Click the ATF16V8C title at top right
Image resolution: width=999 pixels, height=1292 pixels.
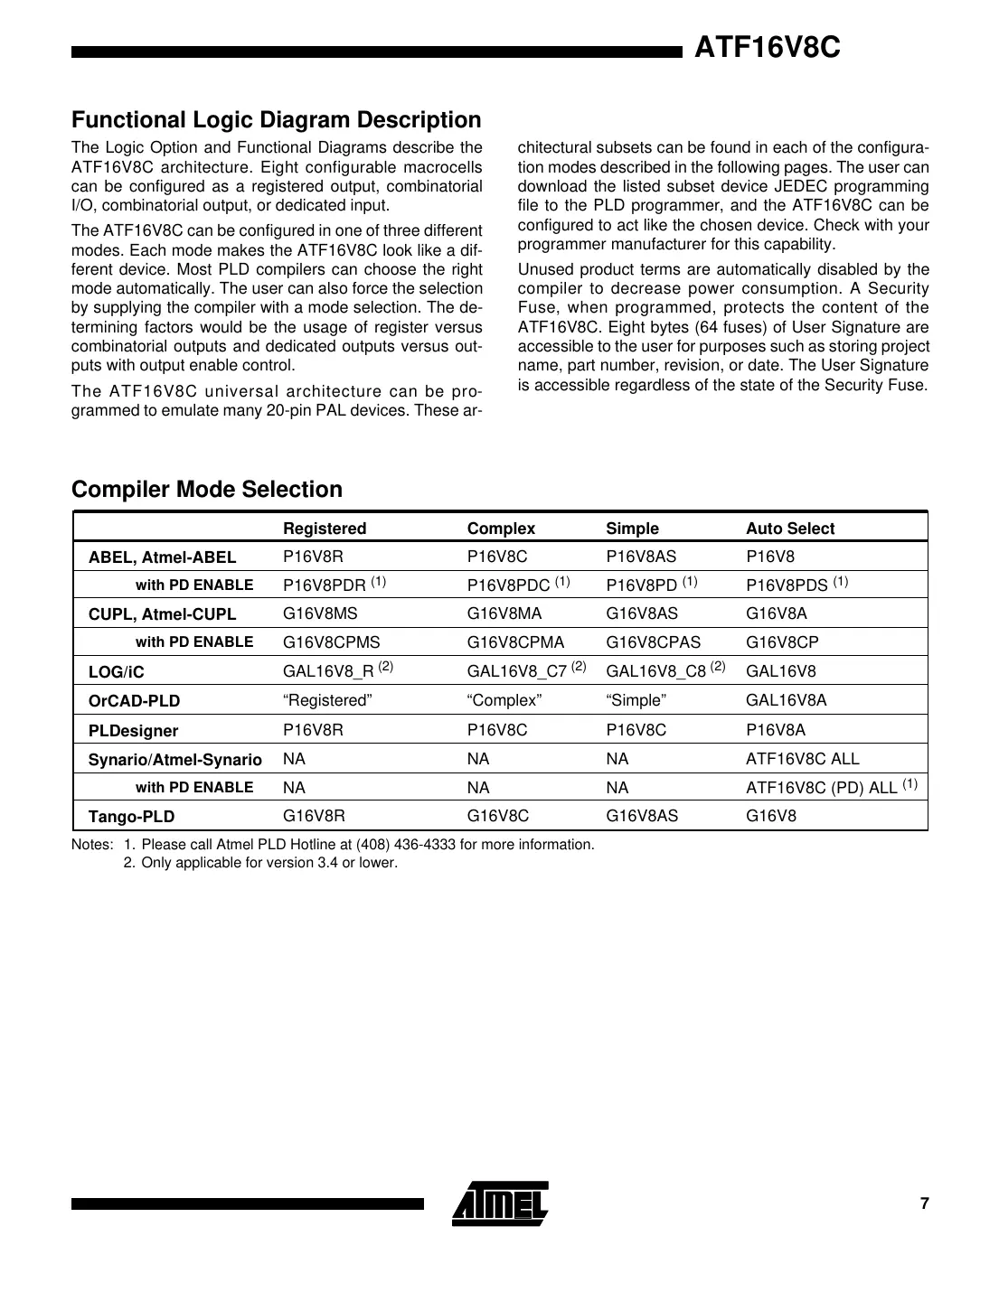[x=767, y=48]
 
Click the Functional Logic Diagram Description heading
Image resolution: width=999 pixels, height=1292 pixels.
[x=276, y=120]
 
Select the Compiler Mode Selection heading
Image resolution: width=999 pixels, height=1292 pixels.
[x=207, y=490]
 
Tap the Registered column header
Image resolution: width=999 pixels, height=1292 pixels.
[x=325, y=529]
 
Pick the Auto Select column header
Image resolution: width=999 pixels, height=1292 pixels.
[x=789, y=529]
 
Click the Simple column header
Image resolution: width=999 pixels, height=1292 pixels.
[x=632, y=529]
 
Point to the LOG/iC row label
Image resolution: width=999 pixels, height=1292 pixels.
[x=116, y=672]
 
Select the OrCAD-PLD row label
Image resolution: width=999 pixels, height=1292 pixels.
[x=134, y=701]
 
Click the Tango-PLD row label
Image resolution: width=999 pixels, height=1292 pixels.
[x=131, y=817]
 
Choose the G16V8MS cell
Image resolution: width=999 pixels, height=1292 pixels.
[x=320, y=613]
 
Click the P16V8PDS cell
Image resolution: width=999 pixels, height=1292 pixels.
[x=787, y=585]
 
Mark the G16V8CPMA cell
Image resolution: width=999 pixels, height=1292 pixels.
[x=515, y=642]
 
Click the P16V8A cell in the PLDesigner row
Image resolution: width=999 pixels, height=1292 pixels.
[x=775, y=729]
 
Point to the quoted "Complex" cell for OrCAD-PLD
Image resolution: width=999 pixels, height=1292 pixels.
[x=504, y=700]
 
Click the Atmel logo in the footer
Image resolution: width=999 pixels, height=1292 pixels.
[x=500, y=1203]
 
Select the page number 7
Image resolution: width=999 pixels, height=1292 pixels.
[x=924, y=1203]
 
